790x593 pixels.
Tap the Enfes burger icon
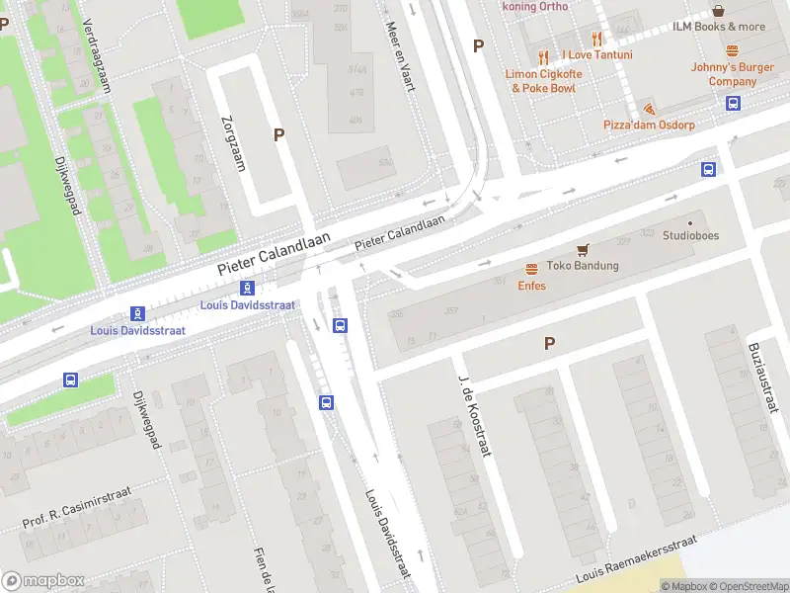click(x=531, y=269)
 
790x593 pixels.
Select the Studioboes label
click(x=690, y=236)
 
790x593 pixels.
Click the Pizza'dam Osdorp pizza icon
click(x=648, y=108)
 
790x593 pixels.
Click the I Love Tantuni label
click(x=596, y=54)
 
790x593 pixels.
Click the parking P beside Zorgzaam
click(x=278, y=135)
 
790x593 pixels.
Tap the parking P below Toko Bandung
click(x=549, y=343)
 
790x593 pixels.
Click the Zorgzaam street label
click(x=235, y=142)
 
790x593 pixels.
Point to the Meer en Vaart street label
click(x=399, y=56)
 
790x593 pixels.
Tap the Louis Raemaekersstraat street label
click(x=637, y=558)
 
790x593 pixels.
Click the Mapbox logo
click(x=41, y=581)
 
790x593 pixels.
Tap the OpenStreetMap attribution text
click(x=742, y=586)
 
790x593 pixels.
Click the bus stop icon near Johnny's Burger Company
click(x=734, y=103)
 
